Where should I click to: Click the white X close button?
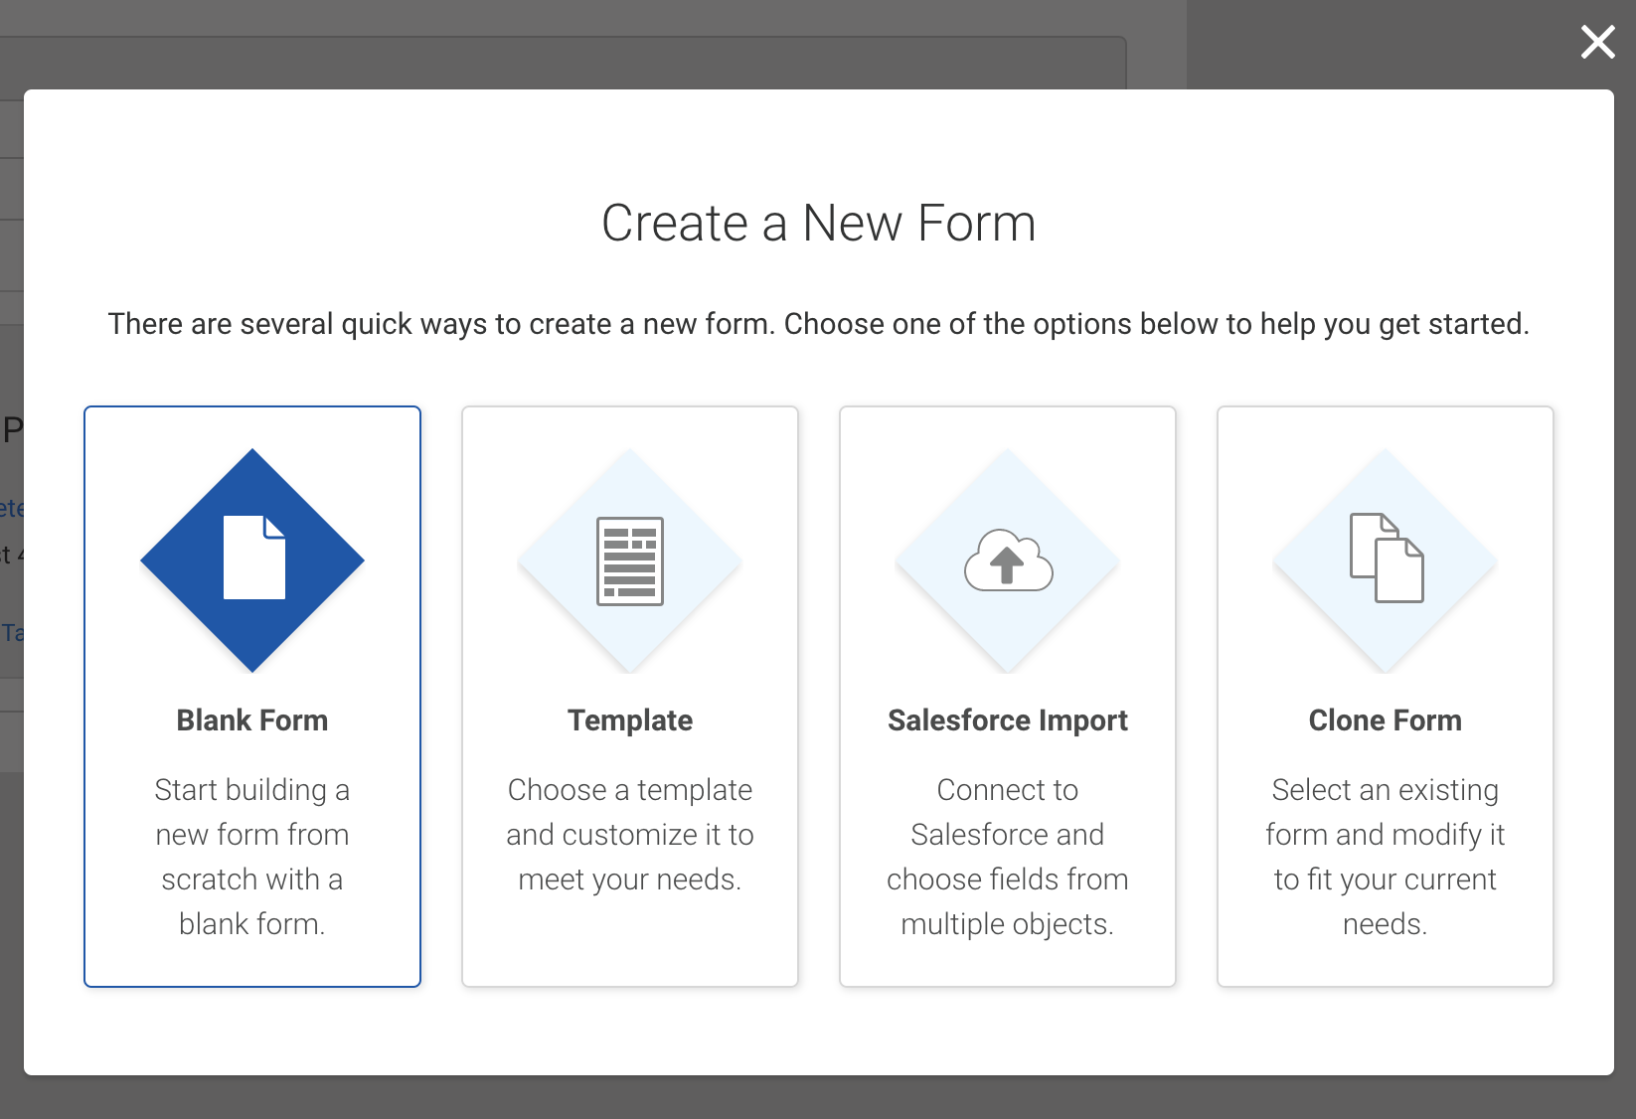[x=1598, y=42]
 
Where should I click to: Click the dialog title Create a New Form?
[x=819, y=223]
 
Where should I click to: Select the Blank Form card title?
[x=252, y=720]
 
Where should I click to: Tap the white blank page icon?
[x=254, y=558]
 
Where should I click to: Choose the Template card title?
[x=630, y=720]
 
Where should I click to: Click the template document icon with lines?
[x=630, y=560]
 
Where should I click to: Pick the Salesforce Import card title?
[x=1008, y=720]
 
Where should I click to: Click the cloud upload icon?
[x=1008, y=560]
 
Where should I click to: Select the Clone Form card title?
[x=1386, y=720]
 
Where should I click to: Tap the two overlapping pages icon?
[x=1387, y=559]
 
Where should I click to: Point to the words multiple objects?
[x=1008, y=924]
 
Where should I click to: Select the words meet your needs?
[x=630, y=880]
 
